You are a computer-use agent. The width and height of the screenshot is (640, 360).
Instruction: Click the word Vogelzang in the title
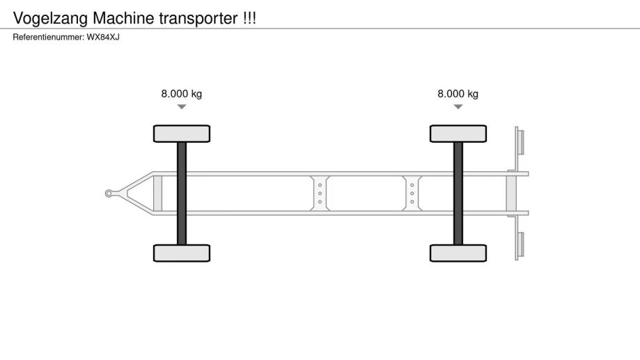coord(51,19)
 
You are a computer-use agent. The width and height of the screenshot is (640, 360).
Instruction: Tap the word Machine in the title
coord(124,18)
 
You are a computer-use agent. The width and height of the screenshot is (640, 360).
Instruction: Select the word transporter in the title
coord(198,19)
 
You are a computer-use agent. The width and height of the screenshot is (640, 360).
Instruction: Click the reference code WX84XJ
coord(103,37)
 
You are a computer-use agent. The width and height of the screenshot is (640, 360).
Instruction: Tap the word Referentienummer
coord(48,37)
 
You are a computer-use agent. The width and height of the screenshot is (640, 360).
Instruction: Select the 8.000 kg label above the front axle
coord(182,94)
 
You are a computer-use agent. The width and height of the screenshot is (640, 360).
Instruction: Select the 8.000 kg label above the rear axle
coord(458,94)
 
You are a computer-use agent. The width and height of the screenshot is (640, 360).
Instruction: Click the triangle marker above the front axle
coord(182,107)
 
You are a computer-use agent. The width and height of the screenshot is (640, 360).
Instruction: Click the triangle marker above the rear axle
coord(458,107)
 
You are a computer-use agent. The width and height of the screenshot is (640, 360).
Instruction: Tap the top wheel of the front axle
coord(182,134)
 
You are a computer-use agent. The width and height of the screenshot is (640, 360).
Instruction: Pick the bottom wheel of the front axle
coord(182,253)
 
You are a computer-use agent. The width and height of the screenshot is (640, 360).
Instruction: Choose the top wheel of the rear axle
coord(458,134)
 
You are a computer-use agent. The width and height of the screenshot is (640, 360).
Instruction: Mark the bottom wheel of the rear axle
coord(458,253)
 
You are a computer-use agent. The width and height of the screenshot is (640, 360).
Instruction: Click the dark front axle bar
coord(182,194)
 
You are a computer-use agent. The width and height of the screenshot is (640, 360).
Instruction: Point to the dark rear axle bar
coord(458,194)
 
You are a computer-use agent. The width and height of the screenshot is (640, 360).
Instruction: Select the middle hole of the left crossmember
coord(320,194)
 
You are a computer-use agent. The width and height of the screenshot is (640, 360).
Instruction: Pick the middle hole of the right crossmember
coord(412,194)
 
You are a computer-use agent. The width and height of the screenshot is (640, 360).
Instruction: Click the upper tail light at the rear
coord(520,141)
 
